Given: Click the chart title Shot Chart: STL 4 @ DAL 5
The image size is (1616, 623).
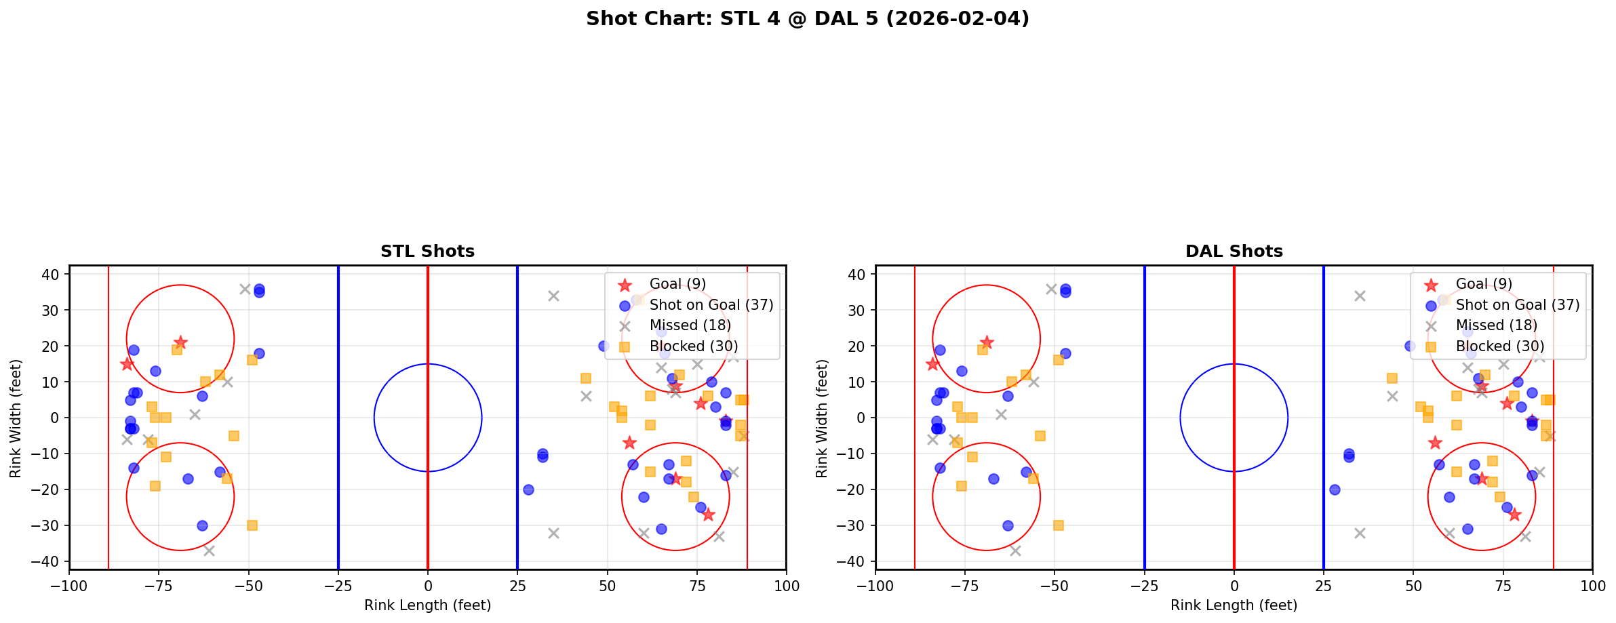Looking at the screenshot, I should tap(807, 19).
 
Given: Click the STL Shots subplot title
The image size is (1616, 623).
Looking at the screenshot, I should tap(427, 252).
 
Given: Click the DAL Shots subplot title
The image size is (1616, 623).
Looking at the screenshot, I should tap(1234, 252).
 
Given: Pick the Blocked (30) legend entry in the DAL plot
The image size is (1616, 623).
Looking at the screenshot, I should tap(1499, 346).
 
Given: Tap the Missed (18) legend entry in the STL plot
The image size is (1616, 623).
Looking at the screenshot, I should tap(690, 325).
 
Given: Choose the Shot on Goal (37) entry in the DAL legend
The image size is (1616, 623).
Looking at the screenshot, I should tap(1517, 305).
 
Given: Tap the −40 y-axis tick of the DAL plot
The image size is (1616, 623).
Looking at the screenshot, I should tap(855, 561).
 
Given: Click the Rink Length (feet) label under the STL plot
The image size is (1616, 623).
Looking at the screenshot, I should tap(427, 605).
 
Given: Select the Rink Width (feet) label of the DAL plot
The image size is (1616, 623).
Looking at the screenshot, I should tap(822, 418).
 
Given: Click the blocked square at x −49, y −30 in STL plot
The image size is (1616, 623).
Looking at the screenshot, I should tap(252, 525).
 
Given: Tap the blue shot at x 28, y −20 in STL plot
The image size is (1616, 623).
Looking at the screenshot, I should tap(528, 489).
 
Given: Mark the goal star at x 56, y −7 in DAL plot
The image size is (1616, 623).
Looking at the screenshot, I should tap(1435, 443).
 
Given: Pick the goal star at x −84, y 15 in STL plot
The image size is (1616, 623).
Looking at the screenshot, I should tap(127, 364).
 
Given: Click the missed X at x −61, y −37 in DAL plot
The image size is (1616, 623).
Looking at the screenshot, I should tap(1015, 550).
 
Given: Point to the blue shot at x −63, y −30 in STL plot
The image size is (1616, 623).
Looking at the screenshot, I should tap(202, 525).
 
